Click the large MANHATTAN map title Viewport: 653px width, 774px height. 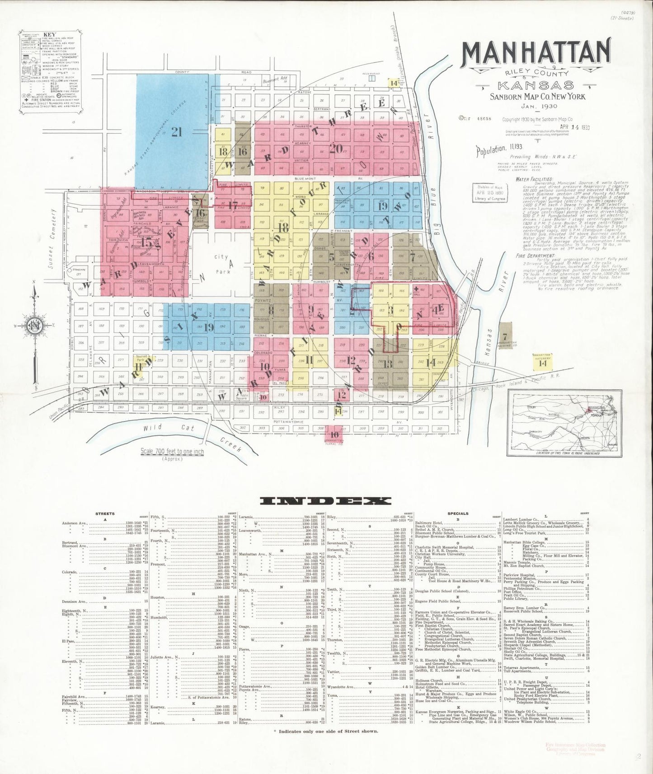(536, 53)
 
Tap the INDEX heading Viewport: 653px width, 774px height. (325, 500)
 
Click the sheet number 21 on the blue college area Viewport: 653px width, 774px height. (176, 132)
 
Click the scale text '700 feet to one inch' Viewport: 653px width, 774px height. (172, 451)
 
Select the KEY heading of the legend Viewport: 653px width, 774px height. (49, 34)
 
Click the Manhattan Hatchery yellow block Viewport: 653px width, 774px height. (543, 362)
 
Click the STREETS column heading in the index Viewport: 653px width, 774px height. (105, 513)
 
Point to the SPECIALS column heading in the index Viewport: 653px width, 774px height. (458, 513)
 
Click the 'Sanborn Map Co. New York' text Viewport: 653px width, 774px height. (538, 96)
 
